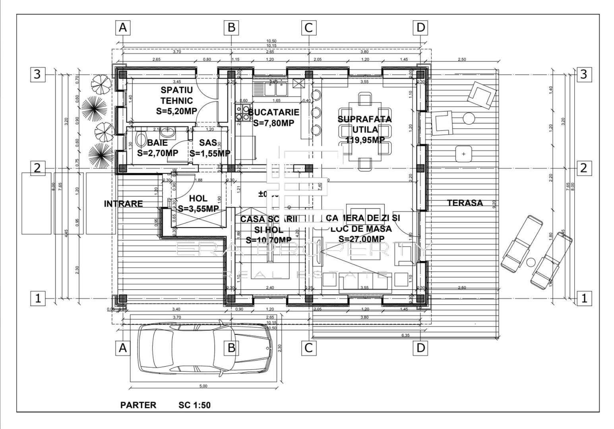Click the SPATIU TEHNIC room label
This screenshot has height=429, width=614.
[x=177, y=95]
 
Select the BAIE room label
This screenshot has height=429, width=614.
[x=157, y=143]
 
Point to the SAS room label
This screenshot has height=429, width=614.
[x=208, y=143]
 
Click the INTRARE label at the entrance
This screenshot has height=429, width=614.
[x=123, y=204]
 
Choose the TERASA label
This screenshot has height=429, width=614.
[x=465, y=203]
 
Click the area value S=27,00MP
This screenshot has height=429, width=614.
[x=361, y=239]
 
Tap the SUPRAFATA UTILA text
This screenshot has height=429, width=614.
[x=364, y=124]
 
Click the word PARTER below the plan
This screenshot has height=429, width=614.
[x=138, y=405]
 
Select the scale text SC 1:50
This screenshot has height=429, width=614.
[x=194, y=405]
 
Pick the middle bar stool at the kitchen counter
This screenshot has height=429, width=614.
[x=316, y=112]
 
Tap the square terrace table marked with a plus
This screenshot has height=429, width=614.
[x=463, y=154]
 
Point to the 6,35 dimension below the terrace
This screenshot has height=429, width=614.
[x=405, y=336]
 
